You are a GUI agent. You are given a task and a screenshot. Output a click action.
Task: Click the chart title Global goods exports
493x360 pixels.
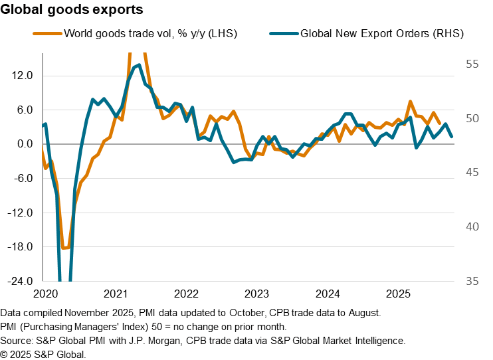pos(72,11)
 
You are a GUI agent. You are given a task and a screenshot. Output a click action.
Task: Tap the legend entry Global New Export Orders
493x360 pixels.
pos(381,33)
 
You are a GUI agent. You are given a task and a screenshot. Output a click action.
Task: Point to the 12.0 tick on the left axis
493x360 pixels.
pos(23,76)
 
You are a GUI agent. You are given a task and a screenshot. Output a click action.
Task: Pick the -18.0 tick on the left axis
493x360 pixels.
pos(21,247)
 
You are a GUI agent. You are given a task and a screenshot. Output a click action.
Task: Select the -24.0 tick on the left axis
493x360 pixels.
pos(21,281)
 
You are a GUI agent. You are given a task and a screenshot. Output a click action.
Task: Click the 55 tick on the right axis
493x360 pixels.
pos(472,64)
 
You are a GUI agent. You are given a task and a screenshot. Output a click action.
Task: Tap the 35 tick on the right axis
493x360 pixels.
pos(472,281)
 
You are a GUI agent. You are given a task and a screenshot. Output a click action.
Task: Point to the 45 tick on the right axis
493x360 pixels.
pos(472,172)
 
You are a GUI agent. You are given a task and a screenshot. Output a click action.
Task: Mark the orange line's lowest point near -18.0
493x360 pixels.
pos(64,248)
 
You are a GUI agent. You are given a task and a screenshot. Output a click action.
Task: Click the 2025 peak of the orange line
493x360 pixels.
pos(411,102)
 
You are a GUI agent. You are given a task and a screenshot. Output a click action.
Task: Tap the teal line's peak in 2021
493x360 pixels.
pos(138,65)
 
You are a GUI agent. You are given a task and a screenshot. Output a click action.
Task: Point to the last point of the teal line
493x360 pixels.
pos(452,136)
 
